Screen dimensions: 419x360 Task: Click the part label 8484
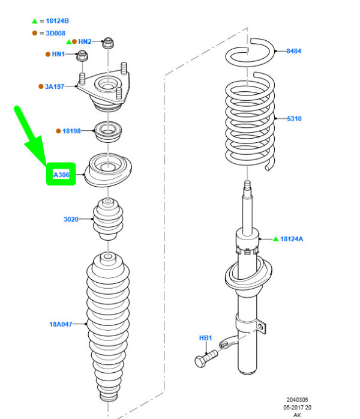point(294,52)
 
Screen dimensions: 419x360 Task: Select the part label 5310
point(294,119)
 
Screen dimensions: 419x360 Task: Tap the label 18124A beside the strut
point(292,239)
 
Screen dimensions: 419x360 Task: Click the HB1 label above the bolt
point(205,339)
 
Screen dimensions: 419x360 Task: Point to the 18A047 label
point(61,324)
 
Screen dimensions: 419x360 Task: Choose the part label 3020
point(71,220)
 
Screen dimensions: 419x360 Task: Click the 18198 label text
point(71,131)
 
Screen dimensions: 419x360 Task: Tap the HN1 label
point(58,55)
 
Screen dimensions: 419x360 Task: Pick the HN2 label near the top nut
point(85,41)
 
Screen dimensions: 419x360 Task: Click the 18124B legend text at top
point(57,22)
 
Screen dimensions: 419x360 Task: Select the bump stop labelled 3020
point(107,219)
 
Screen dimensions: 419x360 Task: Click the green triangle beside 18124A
point(275,239)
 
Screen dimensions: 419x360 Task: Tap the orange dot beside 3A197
point(41,86)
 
